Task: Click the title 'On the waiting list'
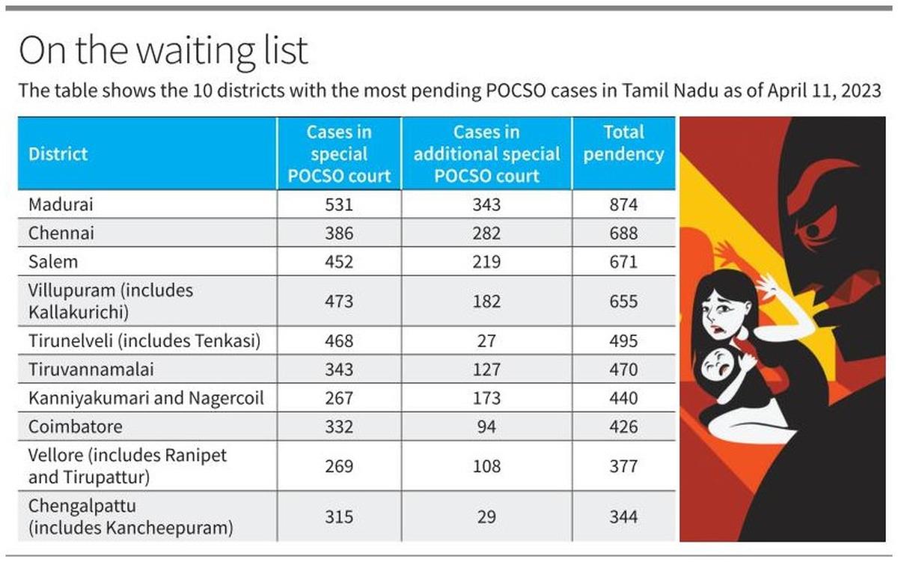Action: point(163,52)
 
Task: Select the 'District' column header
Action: point(58,154)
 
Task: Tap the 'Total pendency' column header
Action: point(623,144)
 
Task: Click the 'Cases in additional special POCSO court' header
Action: point(486,154)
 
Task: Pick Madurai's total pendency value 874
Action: point(623,204)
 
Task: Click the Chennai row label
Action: point(61,233)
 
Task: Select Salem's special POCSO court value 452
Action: point(339,262)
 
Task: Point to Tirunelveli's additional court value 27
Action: point(486,341)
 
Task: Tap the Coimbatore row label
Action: point(75,427)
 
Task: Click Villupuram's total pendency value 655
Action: point(623,302)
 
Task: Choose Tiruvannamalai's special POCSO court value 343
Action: point(339,370)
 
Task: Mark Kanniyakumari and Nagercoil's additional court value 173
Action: point(486,398)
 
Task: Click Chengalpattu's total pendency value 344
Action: point(623,517)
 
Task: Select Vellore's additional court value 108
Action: point(486,465)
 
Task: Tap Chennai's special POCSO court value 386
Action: point(339,233)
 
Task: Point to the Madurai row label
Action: point(61,204)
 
